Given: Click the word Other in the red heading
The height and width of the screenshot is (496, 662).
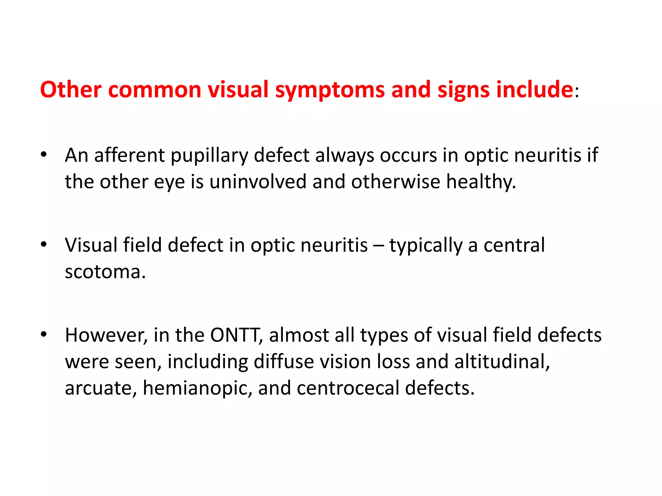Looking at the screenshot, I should coord(70,89).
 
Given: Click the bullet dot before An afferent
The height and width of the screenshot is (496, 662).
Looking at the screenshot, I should coord(44,154).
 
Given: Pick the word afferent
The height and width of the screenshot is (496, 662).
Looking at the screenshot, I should coord(129,155).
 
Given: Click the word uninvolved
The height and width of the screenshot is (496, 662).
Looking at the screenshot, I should coord(258,181).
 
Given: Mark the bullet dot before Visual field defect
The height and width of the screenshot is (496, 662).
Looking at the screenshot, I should coord(44,244).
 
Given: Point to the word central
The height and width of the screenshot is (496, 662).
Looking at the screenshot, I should coord(514,245).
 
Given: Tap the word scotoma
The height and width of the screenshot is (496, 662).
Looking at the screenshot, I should coord(105,272).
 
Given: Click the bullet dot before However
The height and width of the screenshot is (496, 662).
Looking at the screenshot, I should coord(44,334).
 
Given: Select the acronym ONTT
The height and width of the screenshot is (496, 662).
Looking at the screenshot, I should coord(235,335).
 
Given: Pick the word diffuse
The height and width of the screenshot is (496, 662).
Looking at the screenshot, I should coord(284,361).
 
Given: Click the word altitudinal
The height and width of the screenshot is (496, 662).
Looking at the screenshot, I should coord(502,361).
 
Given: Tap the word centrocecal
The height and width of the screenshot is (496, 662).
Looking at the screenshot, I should coord(348,388).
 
